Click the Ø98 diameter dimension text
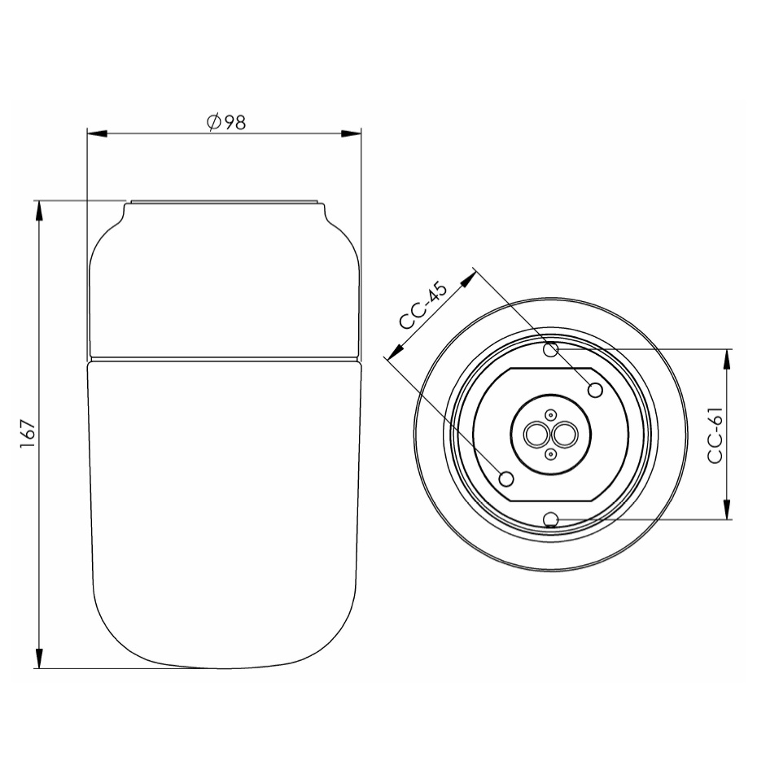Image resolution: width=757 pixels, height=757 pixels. coord(226,123)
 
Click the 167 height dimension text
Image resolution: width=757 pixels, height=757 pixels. coord(28,435)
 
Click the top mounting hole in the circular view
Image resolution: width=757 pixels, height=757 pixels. coord(551,350)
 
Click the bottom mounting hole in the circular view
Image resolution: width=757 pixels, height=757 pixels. coord(551,519)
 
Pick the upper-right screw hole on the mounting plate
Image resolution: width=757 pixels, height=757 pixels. coord(595,390)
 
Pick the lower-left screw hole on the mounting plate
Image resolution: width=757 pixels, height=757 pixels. coord(506,477)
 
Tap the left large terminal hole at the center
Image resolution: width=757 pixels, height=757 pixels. coord(536,435)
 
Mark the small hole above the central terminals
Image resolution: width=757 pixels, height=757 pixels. coord(550,414)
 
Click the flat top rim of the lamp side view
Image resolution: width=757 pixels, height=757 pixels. coord(225,200)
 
